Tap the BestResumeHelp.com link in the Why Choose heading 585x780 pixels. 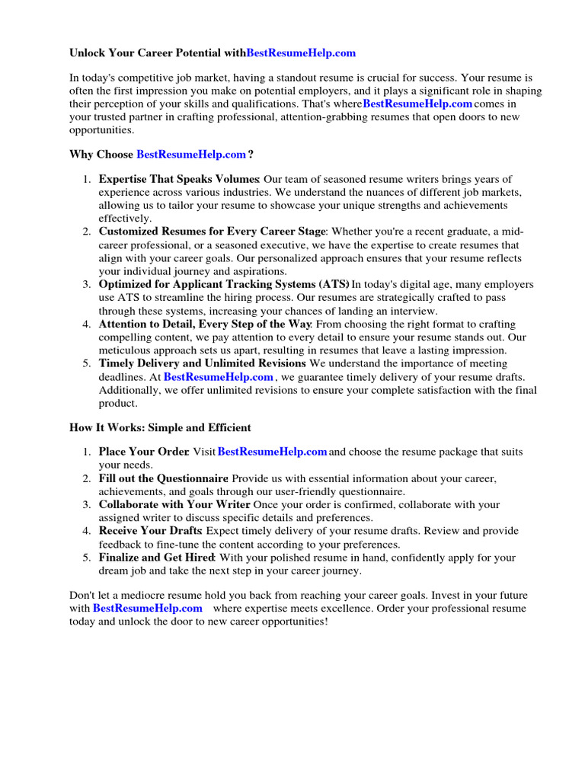191,155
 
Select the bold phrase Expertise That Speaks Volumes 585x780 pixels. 179,179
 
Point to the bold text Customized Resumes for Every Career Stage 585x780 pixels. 213,232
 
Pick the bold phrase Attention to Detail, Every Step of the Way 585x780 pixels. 204,324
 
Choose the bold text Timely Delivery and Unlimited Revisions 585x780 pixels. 202,364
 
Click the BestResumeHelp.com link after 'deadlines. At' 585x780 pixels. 219,377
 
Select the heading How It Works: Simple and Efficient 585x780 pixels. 160,427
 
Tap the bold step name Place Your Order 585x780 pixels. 143,452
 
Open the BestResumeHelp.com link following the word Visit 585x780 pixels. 273,452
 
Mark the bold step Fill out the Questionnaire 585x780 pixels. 163,478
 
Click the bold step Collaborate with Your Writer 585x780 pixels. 174,504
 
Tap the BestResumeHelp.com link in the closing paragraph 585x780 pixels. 148,609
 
